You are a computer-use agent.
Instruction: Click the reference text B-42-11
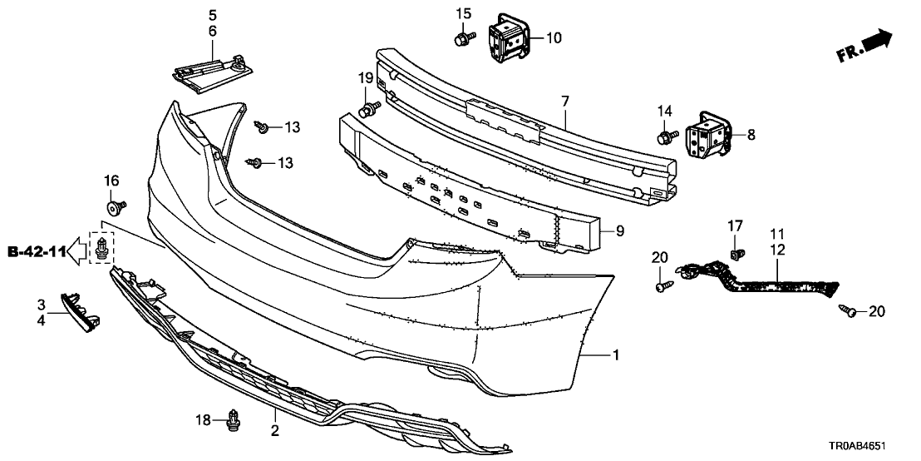tap(35, 250)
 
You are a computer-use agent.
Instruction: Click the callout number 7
tap(564, 102)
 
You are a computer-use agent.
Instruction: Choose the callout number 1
tap(616, 355)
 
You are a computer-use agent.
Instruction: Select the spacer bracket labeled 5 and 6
tap(212, 70)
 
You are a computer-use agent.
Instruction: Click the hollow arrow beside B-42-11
tap(76, 250)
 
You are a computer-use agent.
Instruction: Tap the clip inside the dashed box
tap(102, 248)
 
